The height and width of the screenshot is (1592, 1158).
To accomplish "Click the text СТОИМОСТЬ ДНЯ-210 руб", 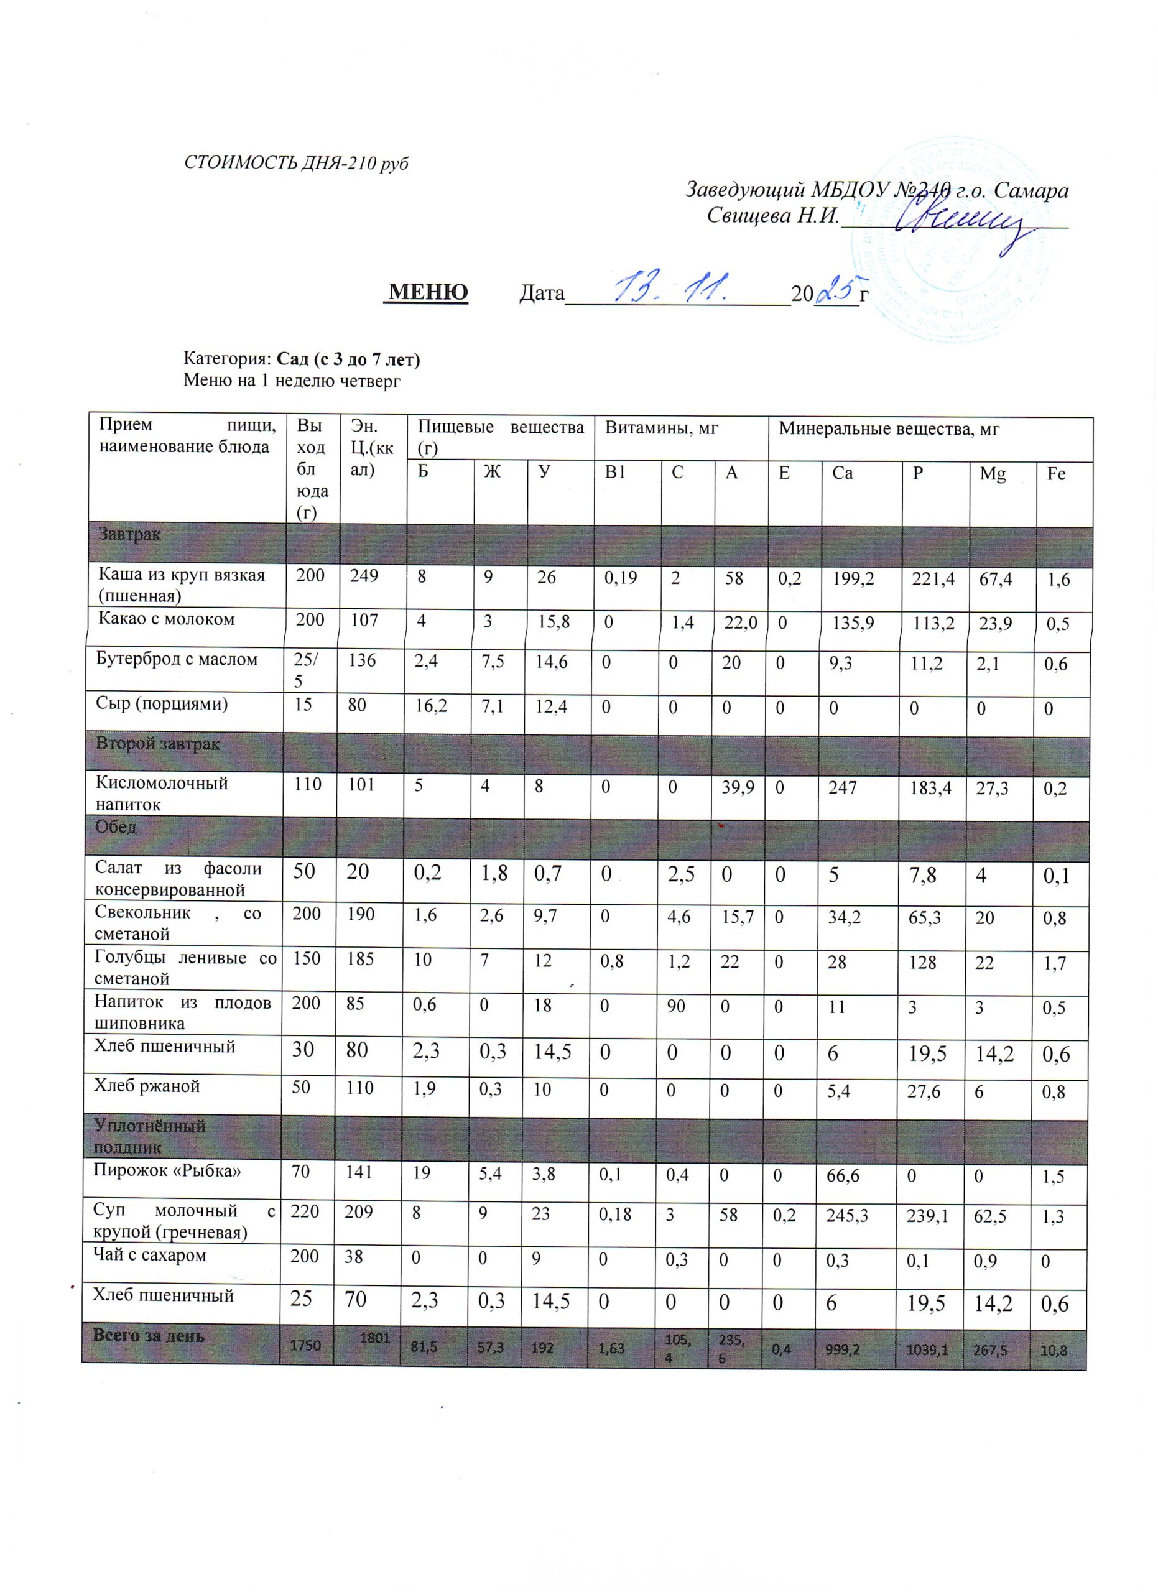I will [295, 164].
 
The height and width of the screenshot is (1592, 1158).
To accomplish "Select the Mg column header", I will [993, 474].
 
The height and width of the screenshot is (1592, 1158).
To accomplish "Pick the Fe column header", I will [1055, 474].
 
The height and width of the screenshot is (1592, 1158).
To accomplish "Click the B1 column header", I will [616, 473].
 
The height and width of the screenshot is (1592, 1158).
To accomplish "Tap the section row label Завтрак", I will [129, 534].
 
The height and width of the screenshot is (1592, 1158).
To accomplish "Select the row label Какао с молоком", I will [166, 619].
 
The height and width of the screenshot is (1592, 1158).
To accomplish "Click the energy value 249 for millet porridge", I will [364, 577].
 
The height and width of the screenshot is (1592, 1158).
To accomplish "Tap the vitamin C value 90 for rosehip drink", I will [676, 1006].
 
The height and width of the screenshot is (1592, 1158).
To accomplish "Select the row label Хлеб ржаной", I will [147, 1086].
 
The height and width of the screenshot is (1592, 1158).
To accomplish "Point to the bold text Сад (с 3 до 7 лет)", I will [349, 359].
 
